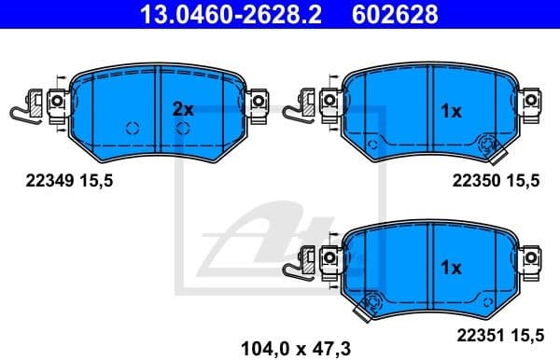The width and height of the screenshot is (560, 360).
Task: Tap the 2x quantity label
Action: (183, 109)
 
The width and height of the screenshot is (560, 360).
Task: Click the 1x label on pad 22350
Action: (450, 111)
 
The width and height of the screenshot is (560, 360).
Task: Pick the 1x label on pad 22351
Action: (450, 268)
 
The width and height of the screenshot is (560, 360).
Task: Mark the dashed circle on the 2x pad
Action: (132, 128)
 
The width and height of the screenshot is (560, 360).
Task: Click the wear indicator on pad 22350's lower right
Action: (487, 145)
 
